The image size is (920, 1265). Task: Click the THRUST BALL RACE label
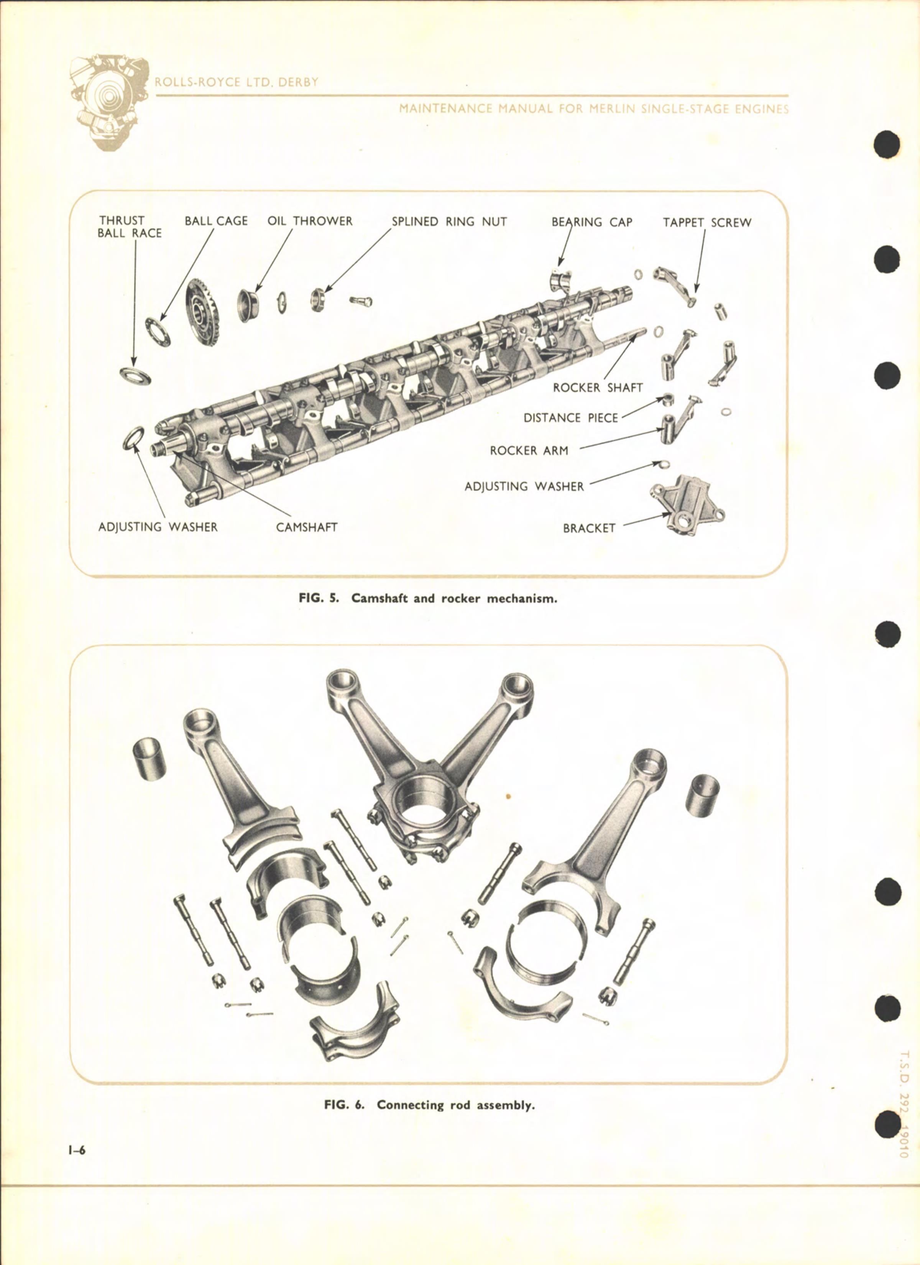click(x=130, y=227)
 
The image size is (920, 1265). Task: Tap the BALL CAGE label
click(x=216, y=221)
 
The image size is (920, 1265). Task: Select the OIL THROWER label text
click(x=310, y=221)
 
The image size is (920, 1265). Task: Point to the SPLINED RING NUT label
click(x=449, y=222)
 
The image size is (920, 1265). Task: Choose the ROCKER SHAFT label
click(x=598, y=388)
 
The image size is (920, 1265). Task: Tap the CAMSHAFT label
click(x=307, y=527)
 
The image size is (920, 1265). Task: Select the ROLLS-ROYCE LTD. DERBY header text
click(x=237, y=82)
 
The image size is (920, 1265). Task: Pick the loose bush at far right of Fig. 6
click(x=702, y=793)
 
